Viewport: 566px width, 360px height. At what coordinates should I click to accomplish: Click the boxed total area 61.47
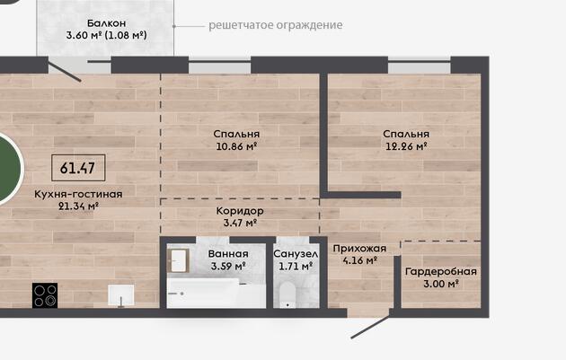78,168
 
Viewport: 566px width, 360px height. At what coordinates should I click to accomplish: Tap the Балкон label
107,23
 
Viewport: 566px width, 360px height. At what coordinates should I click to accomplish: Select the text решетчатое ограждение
276,25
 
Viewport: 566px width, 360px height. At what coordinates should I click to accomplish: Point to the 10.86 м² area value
236,146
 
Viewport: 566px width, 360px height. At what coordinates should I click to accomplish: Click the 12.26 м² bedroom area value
406,146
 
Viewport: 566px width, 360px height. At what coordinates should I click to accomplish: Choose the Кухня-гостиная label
78,194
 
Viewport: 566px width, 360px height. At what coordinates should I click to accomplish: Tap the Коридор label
240,211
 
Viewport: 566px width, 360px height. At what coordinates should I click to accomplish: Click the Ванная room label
228,254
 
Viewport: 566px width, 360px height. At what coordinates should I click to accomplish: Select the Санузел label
296,254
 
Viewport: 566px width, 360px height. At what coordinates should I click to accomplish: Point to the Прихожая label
359,248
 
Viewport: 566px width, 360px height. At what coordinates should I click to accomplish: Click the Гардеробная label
441,271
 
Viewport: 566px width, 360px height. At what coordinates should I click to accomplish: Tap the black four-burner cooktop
45,295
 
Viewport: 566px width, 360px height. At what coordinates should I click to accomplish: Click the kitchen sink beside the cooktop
121,295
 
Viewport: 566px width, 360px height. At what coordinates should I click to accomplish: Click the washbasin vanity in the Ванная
178,260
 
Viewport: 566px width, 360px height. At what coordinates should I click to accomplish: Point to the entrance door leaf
370,327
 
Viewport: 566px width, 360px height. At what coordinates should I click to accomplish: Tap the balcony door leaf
65,72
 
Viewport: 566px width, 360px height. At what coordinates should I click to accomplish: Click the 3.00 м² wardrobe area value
441,284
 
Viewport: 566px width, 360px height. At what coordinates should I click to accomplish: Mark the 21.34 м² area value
78,206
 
